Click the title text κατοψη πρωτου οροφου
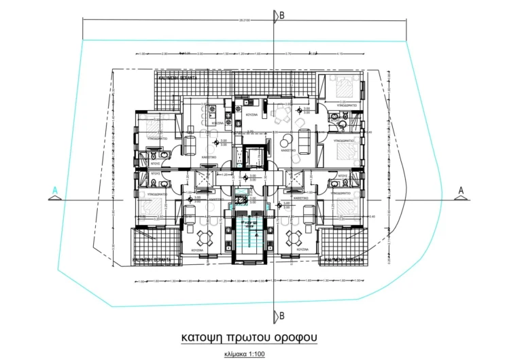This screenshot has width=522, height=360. coord(248,337)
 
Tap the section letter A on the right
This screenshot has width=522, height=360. coord(460,190)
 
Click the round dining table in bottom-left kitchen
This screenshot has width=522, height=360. coord(205,237)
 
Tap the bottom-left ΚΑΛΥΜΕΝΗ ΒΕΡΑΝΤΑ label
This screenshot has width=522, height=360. coord(153,259)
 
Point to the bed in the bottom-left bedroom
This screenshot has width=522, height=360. coord(153,206)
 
